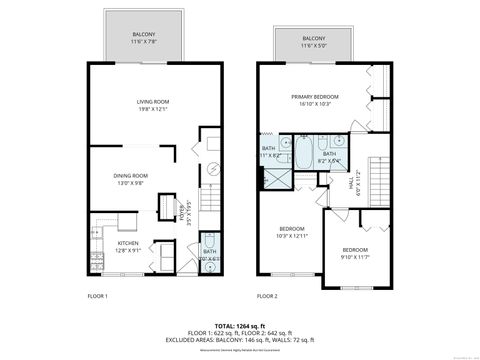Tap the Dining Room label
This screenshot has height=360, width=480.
pyautogui.click(x=130, y=175)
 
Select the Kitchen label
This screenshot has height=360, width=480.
pyautogui.click(x=128, y=243)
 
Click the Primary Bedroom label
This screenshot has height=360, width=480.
pyautogui.click(x=315, y=96)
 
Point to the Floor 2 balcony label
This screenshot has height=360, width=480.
pyautogui.click(x=314, y=38)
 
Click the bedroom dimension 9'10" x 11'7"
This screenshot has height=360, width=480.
pyautogui.click(x=355, y=257)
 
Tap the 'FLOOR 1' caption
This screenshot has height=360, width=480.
pyautogui.click(x=97, y=297)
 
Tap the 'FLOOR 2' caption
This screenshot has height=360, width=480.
pyautogui.click(x=267, y=297)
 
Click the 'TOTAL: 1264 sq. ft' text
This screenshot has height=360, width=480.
pyautogui.click(x=240, y=325)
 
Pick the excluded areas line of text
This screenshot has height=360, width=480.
pyautogui.click(x=240, y=341)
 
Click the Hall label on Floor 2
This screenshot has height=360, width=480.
pyautogui.click(x=351, y=183)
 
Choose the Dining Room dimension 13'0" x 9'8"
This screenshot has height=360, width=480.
pyautogui.click(x=130, y=183)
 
